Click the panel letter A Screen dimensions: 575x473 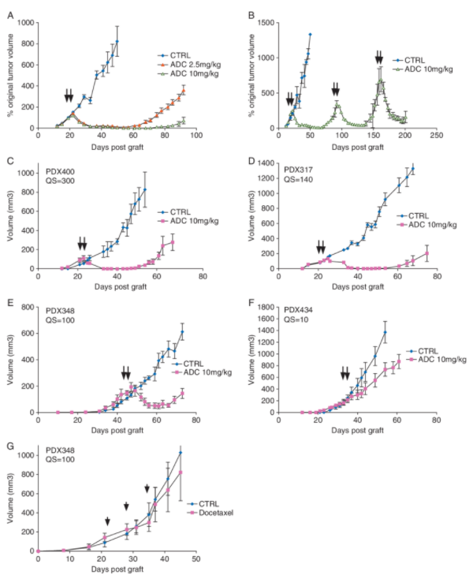(x=9, y=12)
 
